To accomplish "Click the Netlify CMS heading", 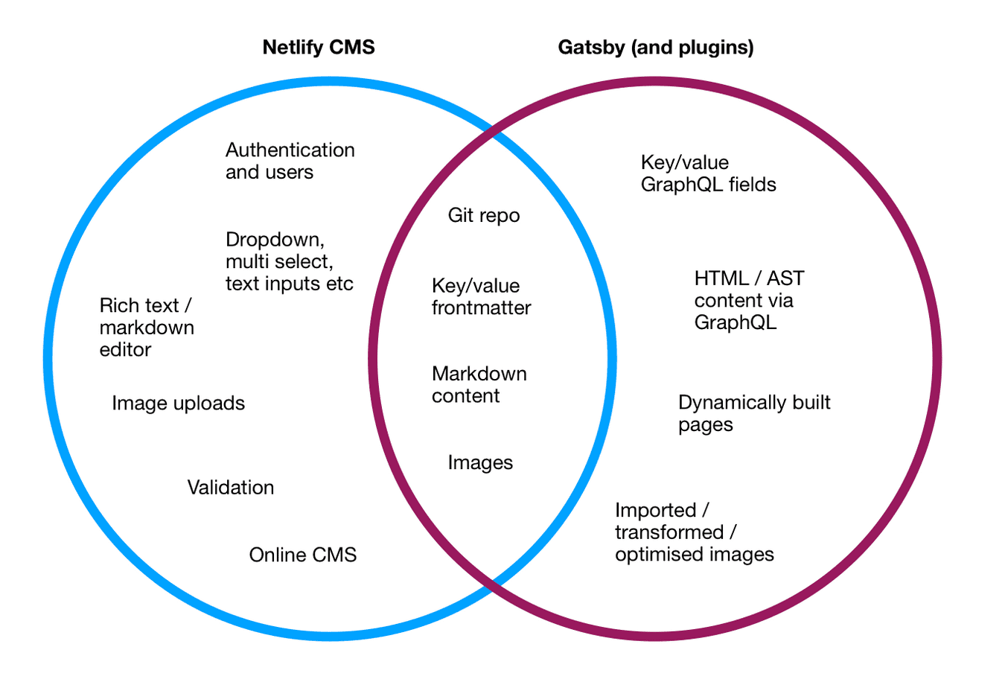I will point(319,48).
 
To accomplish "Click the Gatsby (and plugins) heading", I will point(656,48).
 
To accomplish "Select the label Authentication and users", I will point(290,161).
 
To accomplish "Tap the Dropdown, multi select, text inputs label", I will point(289,261).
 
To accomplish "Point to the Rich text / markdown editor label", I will point(147,328).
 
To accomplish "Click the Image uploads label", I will point(178,403).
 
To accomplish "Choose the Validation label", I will point(230,488).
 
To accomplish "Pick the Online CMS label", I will point(302,555).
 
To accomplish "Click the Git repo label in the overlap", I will point(483,216).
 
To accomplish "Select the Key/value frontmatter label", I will point(481,296).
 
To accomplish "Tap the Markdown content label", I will point(479,384).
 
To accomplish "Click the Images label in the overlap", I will point(480,462).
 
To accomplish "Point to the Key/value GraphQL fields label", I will point(708,173).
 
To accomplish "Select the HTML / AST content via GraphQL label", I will point(748,300).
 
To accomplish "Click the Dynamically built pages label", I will point(753,413).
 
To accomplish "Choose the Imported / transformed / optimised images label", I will point(694,532).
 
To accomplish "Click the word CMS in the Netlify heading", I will point(354,48).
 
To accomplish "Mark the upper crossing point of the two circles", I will point(492,132).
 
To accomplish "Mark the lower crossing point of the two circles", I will point(492,587).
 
